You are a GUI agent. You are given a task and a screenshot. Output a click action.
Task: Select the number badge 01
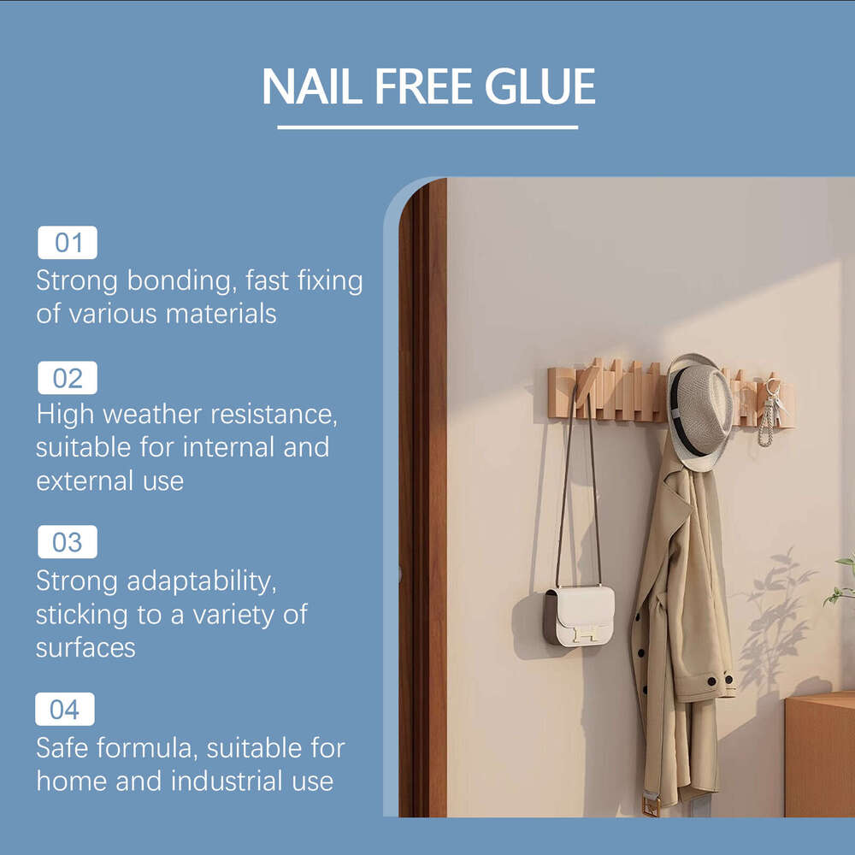tap(68, 243)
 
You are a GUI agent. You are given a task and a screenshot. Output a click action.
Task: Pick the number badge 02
tap(68, 378)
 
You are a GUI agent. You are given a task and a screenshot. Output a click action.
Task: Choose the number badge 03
tap(68, 542)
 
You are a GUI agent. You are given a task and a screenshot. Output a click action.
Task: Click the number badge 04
tap(65, 710)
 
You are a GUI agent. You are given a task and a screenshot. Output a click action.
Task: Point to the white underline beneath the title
tap(427, 127)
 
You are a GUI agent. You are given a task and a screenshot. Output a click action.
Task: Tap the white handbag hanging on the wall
tap(579, 615)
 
